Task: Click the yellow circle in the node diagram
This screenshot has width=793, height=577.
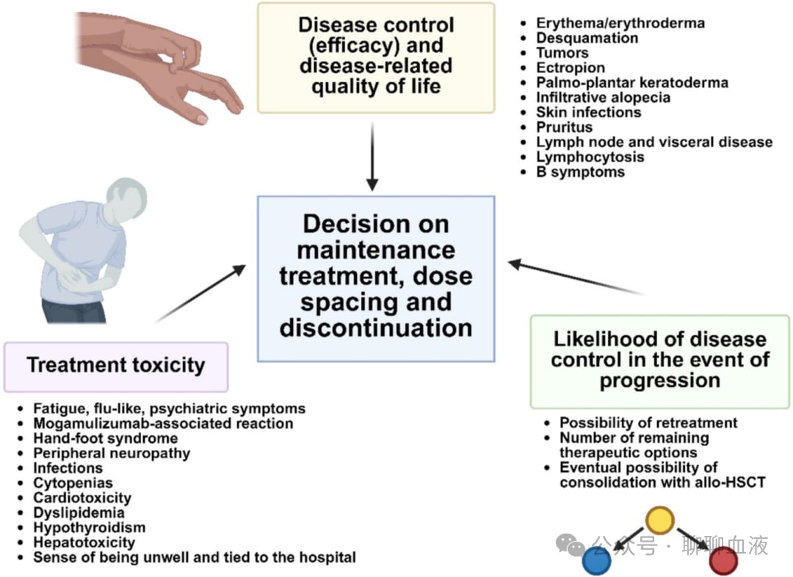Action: pos(659,520)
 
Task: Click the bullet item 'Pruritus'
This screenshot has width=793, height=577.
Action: pos(564,127)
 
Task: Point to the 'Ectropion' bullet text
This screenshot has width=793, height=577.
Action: pos(571,68)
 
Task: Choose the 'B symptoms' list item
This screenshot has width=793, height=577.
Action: pos(580,172)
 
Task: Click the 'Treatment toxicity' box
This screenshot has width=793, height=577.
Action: pos(116,366)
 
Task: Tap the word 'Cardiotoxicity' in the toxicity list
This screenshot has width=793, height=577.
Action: pos(82,498)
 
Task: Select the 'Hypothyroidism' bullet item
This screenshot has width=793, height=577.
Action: pos(89,527)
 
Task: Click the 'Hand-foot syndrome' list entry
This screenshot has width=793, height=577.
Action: pos(105,438)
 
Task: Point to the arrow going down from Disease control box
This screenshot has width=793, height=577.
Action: pos(372,157)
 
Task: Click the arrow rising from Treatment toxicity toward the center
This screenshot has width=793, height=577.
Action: pos(200,293)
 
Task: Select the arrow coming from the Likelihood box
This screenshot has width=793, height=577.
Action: pos(576,277)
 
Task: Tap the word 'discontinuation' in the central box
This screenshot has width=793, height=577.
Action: pos(376,327)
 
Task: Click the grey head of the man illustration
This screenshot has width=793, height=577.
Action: pos(127,197)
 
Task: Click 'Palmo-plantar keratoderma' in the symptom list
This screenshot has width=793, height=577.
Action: pos(632,82)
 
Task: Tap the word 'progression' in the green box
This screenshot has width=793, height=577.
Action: pos(659,381)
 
